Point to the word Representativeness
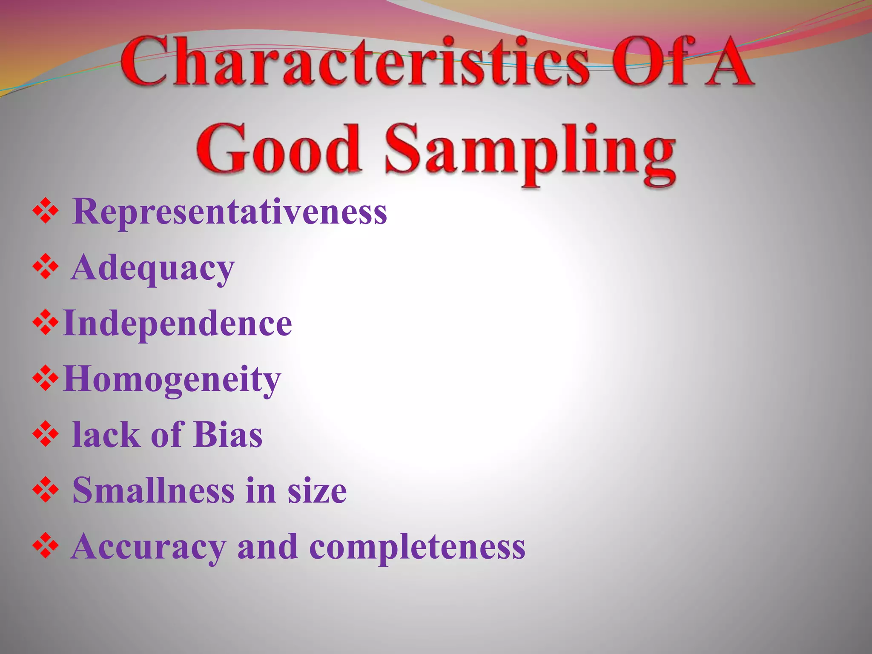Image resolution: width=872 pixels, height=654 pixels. (x=229, y=212)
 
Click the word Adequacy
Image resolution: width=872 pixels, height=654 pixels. (x=153, y=269)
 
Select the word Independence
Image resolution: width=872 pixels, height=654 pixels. (x=177, y=324)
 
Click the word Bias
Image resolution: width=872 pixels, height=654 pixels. (x=228, y=435)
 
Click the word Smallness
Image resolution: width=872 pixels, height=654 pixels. (x=153, y=490)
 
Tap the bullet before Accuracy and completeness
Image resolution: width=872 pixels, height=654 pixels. (x=45, y=547)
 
